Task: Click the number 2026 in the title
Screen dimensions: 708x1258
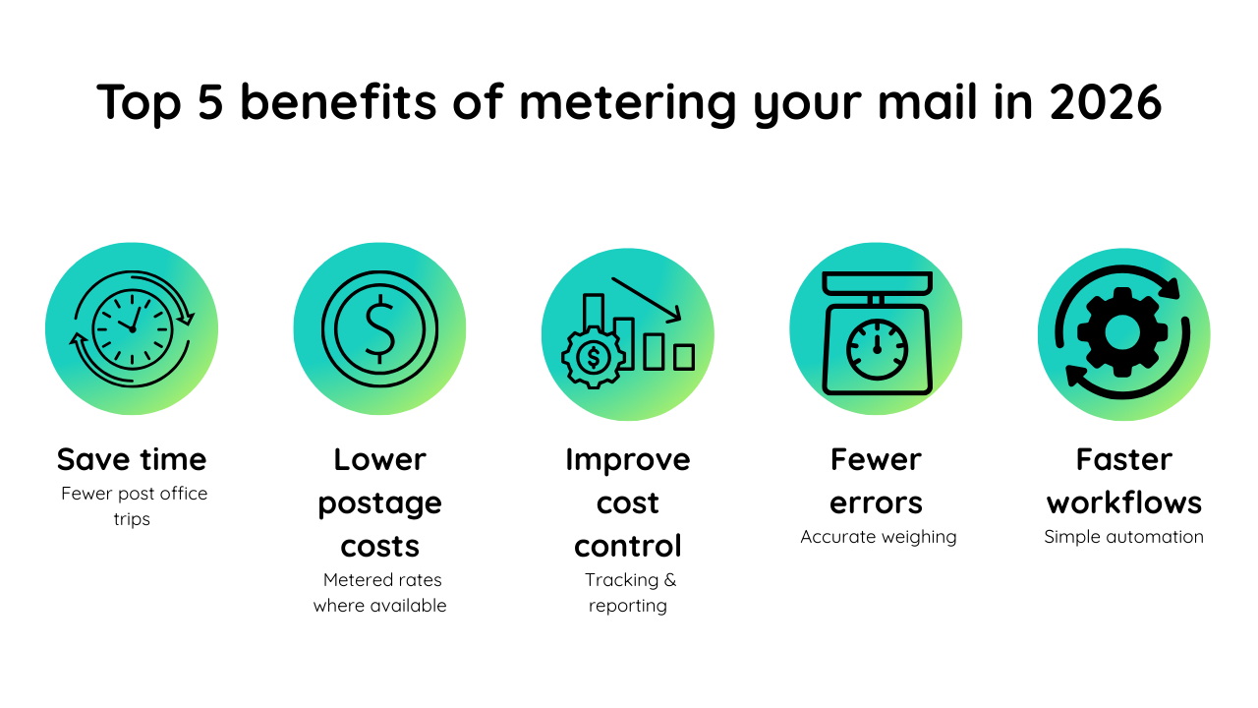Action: (1106, 102)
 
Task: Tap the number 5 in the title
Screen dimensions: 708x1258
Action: (210, 102)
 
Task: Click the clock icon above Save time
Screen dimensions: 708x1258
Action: (132, 328)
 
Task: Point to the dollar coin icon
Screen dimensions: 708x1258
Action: (379, 328)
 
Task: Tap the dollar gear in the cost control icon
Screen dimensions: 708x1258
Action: (593, 358)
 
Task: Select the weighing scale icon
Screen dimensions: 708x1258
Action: (876, 332)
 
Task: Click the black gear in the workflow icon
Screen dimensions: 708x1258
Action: (1122, 332)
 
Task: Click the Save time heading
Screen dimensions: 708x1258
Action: (132, 459)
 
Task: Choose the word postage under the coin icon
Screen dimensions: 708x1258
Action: (379, 502)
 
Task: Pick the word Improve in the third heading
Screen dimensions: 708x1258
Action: (628, 459)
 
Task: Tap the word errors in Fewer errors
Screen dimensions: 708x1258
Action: (876, 502)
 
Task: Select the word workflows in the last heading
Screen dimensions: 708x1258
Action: (1123, 502)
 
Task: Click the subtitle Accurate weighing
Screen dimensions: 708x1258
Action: (878, 537)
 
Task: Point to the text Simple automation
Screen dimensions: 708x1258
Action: (1123, 537)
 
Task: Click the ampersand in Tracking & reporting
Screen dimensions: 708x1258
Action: (668, 580)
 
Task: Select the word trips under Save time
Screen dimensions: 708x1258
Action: (132, 519)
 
